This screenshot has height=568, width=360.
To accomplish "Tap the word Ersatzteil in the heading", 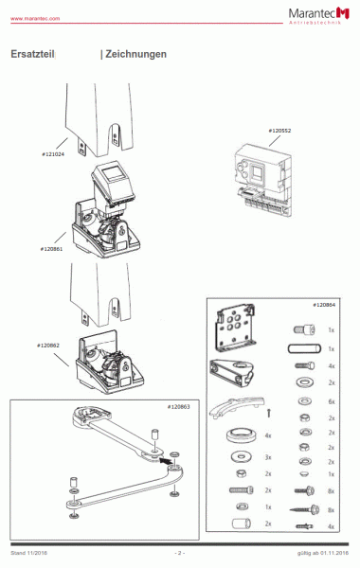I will (x=32, y=55).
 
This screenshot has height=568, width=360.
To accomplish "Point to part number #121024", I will (x=53, y=152).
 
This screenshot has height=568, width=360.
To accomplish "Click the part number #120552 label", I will (x=279, y=130).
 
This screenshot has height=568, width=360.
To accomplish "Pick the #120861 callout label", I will (x=51, y=248).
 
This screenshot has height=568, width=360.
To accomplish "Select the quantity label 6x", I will (x=331, y=401).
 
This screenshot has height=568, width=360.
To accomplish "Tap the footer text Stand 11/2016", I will (x=31, y=552).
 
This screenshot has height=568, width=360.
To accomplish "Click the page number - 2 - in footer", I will (x=179, y=552).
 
